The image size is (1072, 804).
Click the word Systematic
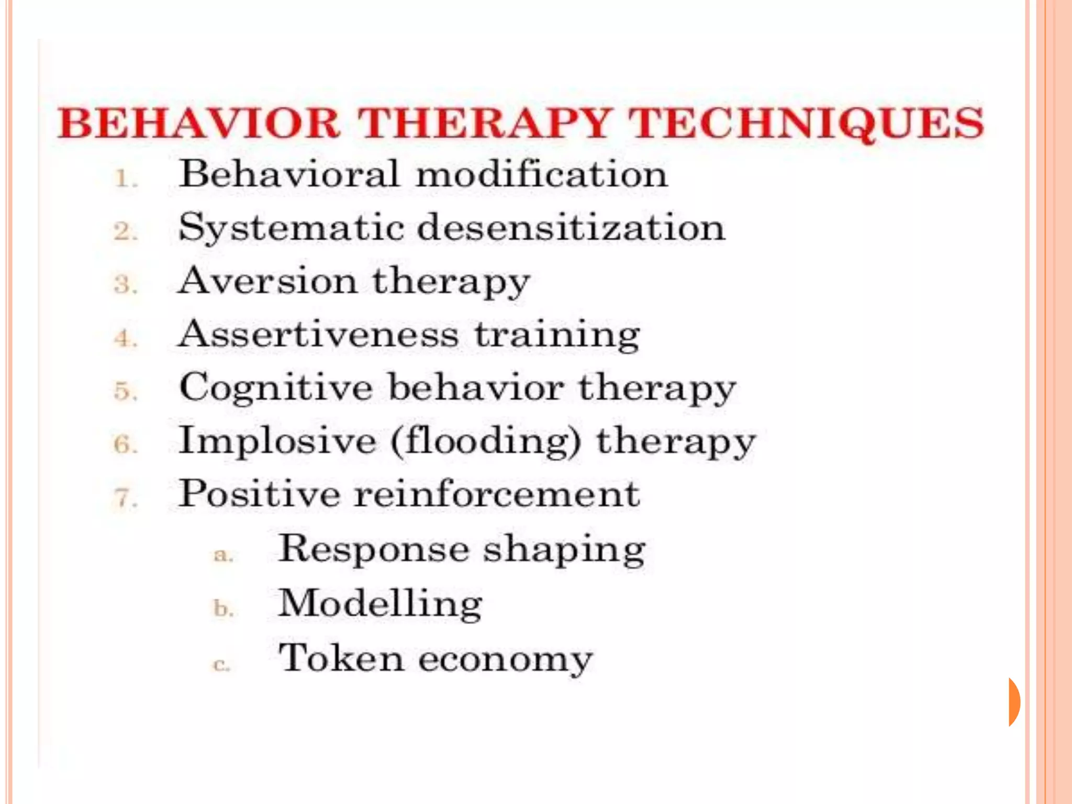291,228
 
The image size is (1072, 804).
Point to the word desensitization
571,228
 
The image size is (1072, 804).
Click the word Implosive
277,441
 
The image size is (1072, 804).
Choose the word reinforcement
497,494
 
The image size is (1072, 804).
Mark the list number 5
125,392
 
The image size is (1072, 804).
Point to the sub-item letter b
223,608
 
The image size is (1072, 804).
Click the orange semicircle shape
1014,702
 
